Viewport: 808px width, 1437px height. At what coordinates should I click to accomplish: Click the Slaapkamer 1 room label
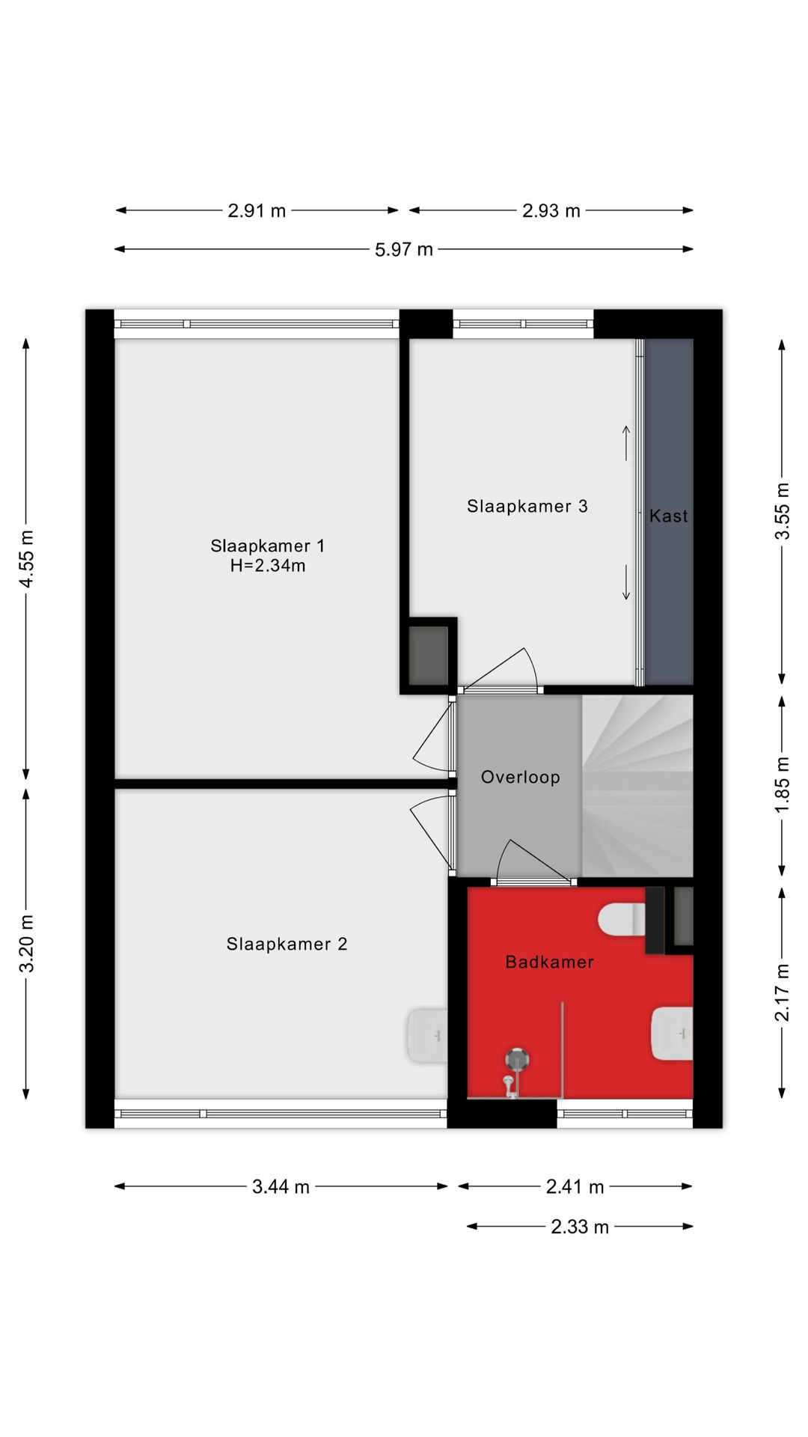(x=268, y=546)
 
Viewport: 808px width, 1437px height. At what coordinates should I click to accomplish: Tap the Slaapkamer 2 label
(x=287, y=944)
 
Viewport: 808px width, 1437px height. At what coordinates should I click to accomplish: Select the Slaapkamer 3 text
(x=527, y=506)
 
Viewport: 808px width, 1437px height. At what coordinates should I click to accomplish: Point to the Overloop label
(x=520, y=777)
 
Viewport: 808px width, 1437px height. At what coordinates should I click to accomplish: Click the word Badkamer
(x=550, y=962)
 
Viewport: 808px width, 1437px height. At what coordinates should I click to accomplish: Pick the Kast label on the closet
(x=668, y=516)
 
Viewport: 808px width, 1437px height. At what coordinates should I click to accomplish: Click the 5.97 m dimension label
(x=404, y=249)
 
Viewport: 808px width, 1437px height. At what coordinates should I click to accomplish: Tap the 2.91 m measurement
(x=257, y=210)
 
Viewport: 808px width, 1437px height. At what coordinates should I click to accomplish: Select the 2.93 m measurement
(x=551, y=210)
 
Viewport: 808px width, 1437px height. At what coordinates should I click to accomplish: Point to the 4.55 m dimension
(x=26, y=559)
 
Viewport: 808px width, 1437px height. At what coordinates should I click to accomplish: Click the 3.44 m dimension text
(x=281, y=1186)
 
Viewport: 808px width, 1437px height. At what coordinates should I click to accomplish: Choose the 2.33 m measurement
(x=580, y=1227)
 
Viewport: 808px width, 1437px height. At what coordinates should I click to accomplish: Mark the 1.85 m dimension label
(x=782, y=785)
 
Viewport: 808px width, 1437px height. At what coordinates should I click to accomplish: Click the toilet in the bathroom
(x=622, y=921)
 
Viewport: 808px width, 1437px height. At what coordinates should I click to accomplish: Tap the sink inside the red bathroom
(x=672, y=1034)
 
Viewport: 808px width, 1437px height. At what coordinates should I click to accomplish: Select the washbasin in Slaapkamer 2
(x=428, y=1035)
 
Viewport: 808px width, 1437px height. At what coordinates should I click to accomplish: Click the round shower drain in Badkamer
(x=517, y=1059)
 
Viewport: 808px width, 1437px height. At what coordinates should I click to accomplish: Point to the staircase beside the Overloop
(x=637, y=786)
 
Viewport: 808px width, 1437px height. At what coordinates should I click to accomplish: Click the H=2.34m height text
(x=268, y=566)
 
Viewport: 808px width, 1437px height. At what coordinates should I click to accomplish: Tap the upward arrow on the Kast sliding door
(x=626, y=443)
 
